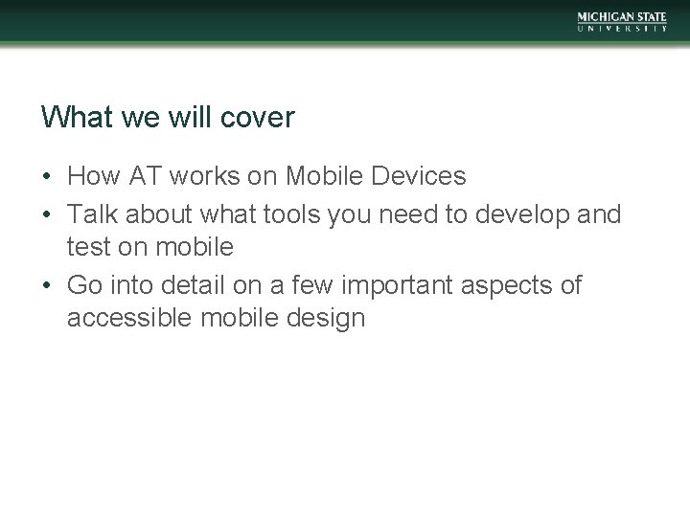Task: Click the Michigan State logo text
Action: pyautogui.click(x=622, y=16)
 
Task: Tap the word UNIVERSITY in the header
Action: pyautogui.click(x=622, y=30)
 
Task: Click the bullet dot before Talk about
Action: pyautogui.click(x=47, y=213)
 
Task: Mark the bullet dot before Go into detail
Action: pyautogui.click(x=47, y=284)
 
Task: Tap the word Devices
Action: pyautogui.click(x=417, y=177)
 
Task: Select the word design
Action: pyautogui.click(x=327, y=319)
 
